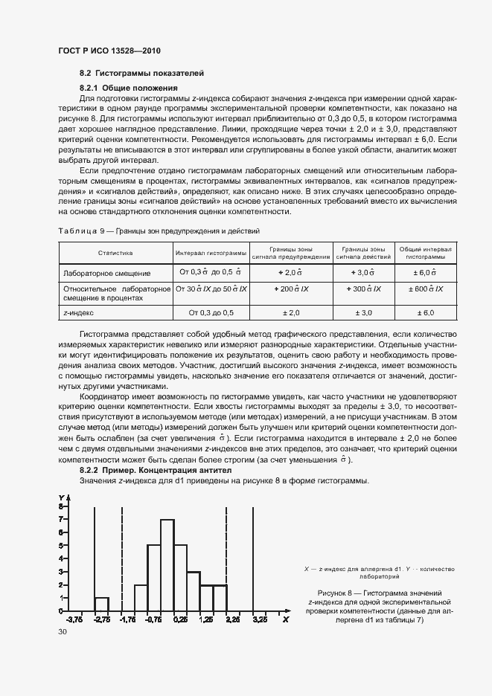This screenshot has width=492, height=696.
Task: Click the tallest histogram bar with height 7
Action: coord(167,565)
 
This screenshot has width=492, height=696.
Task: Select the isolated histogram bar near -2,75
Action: coord(101,604)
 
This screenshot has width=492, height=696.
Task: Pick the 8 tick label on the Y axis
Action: coord(61,506)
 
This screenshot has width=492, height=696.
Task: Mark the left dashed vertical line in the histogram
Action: coord(121,558)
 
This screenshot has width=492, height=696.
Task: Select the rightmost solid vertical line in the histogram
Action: coord(252,558)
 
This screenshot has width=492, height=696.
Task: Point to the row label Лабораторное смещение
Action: coord(107,273)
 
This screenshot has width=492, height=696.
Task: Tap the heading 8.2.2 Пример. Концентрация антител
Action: coord(156,471)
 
